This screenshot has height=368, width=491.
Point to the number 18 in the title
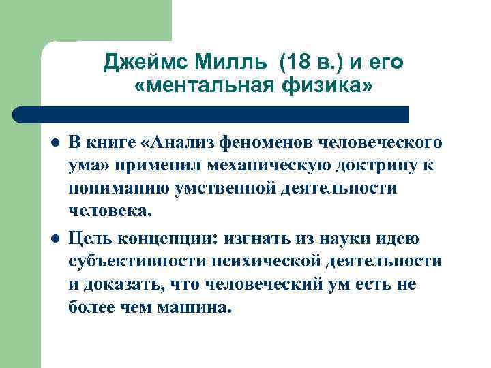[x=296, y=63]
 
